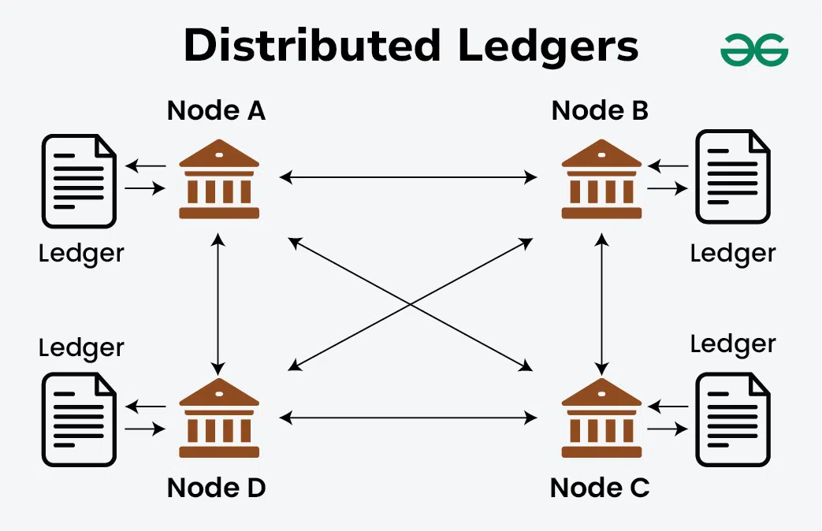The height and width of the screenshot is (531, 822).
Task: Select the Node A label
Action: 216,111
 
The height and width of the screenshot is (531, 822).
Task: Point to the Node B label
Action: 600,111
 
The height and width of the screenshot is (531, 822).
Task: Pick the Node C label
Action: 600,488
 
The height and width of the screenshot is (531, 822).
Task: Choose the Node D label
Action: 216,488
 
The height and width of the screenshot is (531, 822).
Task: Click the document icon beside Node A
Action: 79,181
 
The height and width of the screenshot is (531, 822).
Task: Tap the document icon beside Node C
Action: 732,419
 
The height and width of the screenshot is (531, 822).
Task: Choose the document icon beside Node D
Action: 79,419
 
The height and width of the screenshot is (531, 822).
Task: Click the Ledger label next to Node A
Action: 81,254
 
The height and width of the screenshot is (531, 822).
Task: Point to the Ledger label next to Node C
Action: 733,344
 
